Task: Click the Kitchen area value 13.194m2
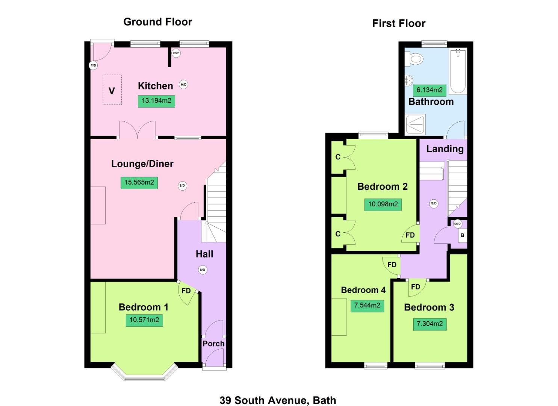[x=156, y=101]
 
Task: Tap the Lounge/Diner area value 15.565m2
[x=139, y=183]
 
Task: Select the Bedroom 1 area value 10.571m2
[x=144, y=320]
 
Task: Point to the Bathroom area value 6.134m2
[x=429, y=90]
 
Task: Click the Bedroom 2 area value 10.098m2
[x=383, y=205]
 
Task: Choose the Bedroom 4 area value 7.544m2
[x=367, y=305]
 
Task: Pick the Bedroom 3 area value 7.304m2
[x=429, y=324]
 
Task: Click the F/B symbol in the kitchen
[x=93, y=65]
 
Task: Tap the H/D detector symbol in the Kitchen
[x=183, y=85]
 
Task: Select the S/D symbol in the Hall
[x=203, y=270]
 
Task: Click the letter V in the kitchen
[x=112, y=91]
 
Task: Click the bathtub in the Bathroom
[x=458, y=71]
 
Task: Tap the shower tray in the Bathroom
[x=415, y=124]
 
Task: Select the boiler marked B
[x=463, y=236]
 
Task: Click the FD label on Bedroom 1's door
[x=186, y=291]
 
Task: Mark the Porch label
[x=213, y=344]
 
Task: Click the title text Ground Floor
[x=158, y=22]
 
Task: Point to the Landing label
[x=445, y=149]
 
